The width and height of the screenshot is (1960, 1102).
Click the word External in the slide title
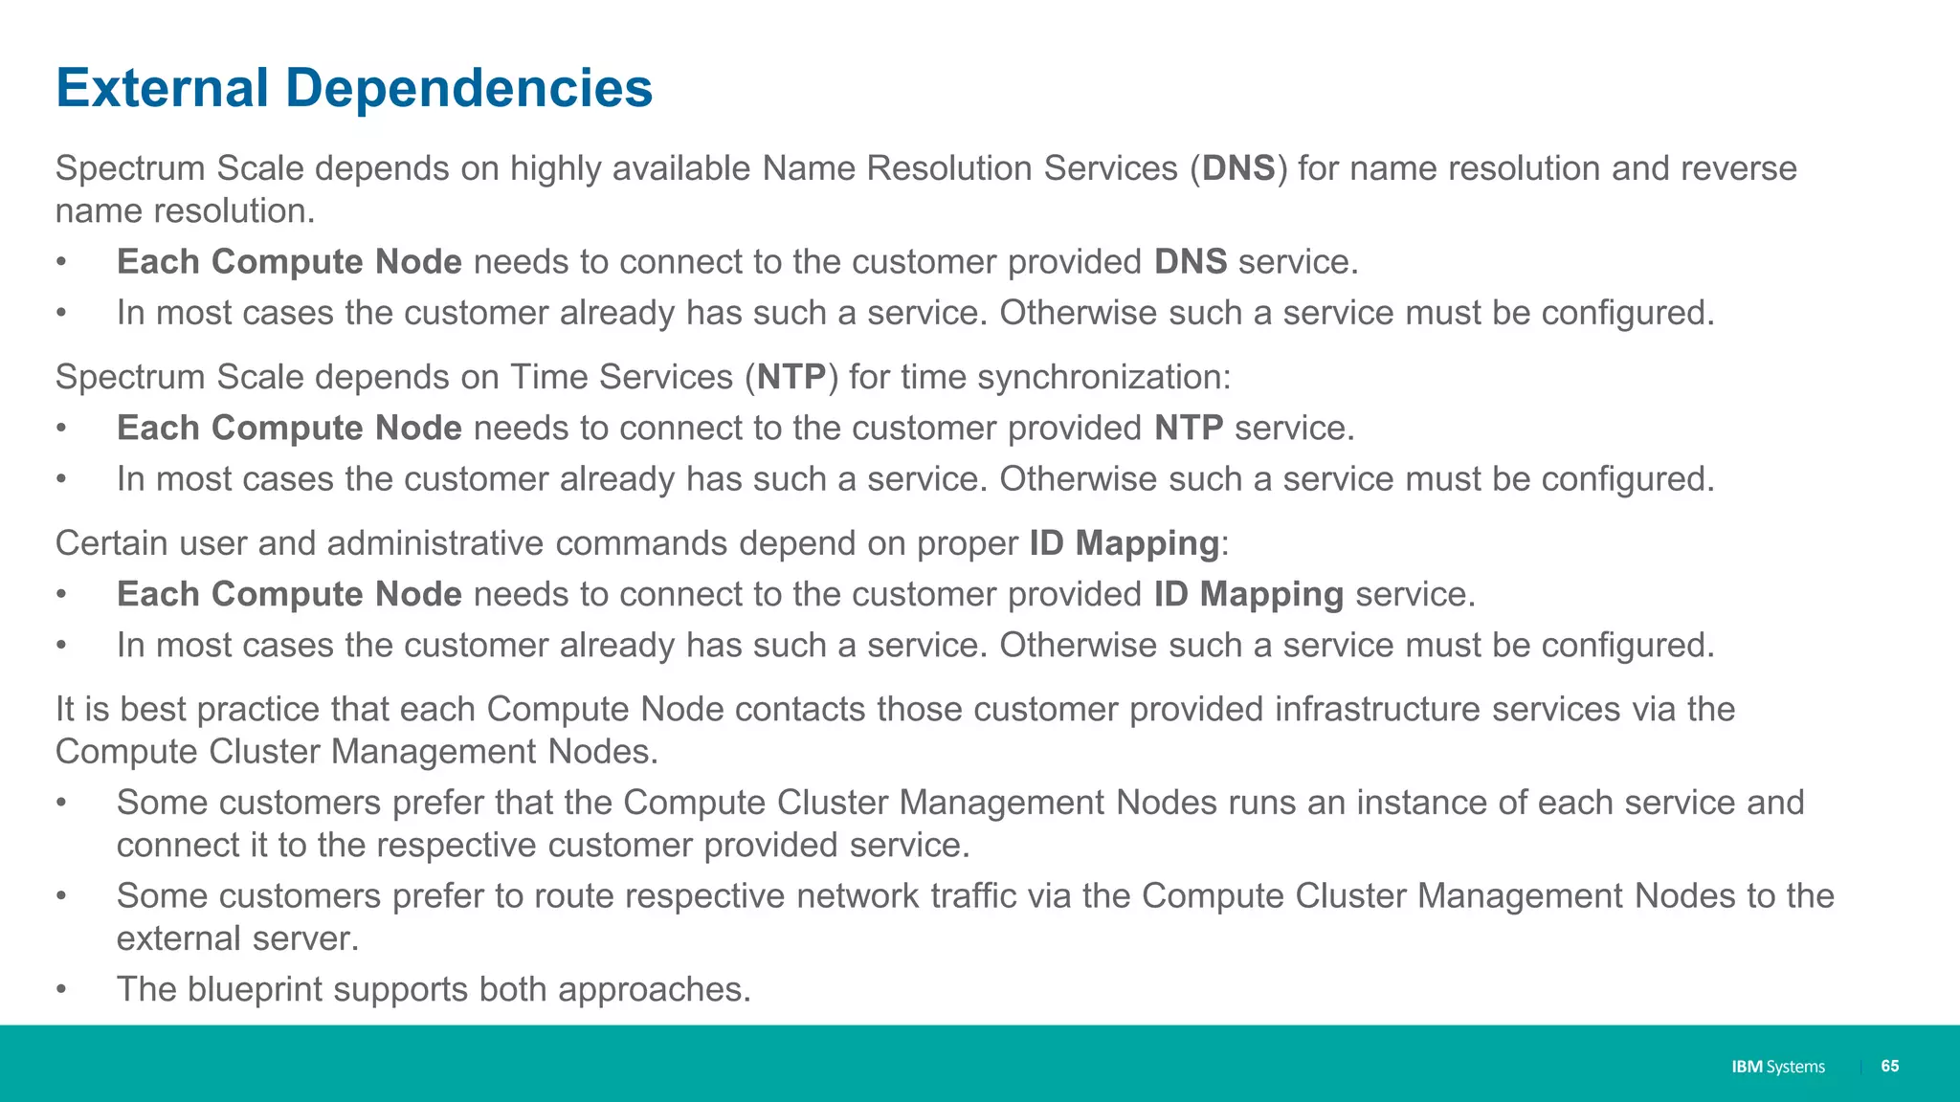[162, 88]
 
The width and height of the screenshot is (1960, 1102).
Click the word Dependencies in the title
[469, 88]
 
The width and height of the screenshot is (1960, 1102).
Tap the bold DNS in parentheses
[1238, 168]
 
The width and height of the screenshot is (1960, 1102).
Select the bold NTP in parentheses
[791, 377]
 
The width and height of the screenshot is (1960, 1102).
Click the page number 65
[1889, 1066]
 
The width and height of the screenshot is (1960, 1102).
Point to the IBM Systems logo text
[1777, 1067]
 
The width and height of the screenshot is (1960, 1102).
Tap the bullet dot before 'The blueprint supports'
[61, 989]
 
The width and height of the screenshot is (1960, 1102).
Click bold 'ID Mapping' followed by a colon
[1124, 543]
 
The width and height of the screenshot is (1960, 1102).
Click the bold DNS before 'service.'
[1190, 262]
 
